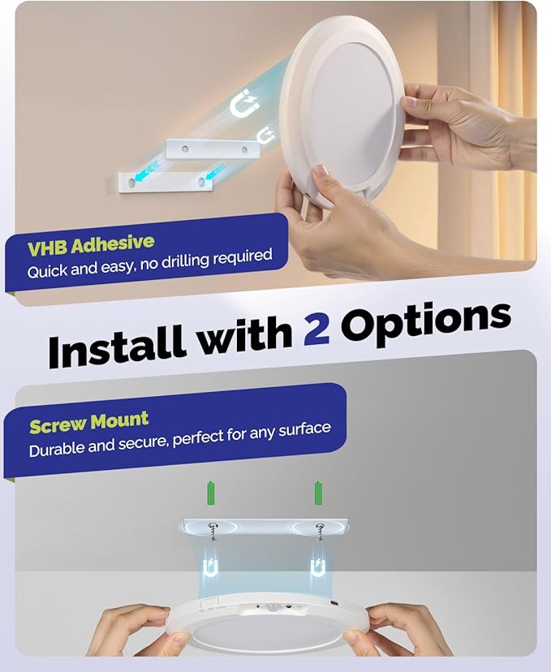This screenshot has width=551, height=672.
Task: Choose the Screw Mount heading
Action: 89,423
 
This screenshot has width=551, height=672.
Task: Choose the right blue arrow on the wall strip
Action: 214,172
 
